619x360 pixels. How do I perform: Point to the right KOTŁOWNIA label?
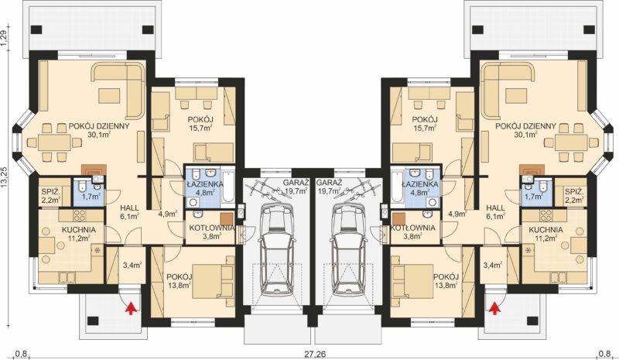point(412,228)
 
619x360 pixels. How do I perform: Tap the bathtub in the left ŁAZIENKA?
point(229,187)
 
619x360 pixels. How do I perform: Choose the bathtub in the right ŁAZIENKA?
point(395,187)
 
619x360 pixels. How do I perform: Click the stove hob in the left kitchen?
point(80,215)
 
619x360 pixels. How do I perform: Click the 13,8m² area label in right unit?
point(446,283)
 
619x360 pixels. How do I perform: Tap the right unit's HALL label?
point(495,207)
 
